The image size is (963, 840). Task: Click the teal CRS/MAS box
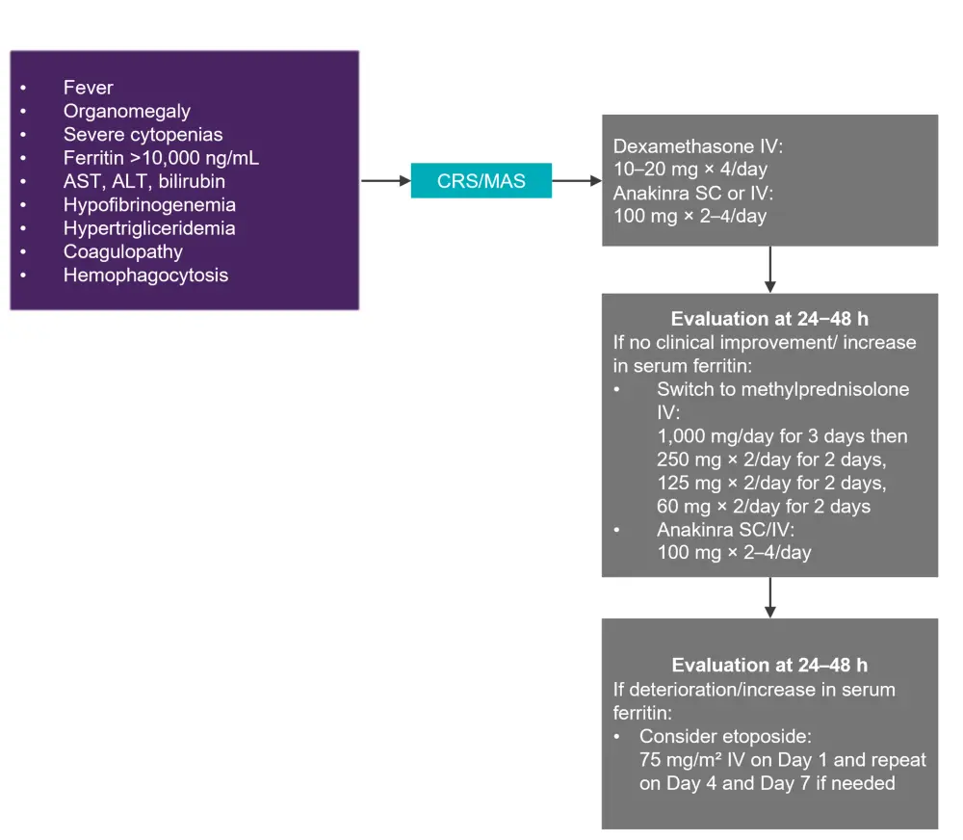click(481, 180)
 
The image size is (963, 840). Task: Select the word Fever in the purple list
click(89, 88)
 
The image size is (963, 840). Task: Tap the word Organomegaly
click(127, 111)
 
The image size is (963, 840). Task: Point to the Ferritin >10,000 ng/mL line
click(161, 158)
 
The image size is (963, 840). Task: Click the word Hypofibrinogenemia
click(149, 204)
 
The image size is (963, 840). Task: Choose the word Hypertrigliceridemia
click(149, 228)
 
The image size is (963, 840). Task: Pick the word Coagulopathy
click(122, 251)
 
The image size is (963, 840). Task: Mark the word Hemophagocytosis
click(146, 275)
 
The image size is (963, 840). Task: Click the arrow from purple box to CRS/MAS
click(385, 180)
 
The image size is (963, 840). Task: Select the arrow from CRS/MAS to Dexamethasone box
click(577, 180)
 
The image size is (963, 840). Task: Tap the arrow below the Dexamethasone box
click(769, 269)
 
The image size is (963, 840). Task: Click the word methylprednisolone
click(819, 390)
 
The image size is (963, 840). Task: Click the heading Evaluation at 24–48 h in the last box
click(769, 666)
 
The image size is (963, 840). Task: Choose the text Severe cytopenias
click(143, 135)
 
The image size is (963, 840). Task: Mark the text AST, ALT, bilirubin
click(144, 181)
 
